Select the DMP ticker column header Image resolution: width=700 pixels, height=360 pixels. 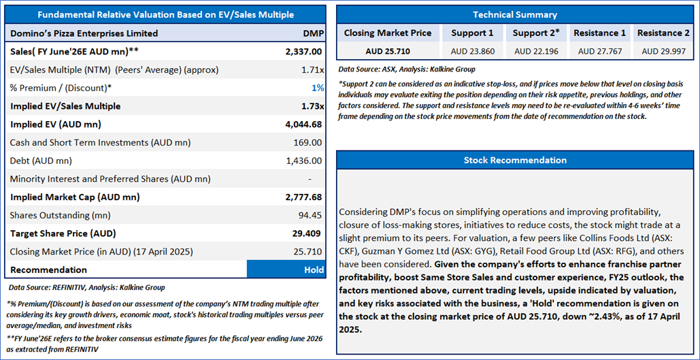click(x=313, y=33)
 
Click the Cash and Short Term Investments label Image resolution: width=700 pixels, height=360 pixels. click(x=100, y=143)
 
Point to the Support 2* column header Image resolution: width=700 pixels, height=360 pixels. click(x=536, y=33)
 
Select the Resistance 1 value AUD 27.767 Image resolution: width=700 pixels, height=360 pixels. click(x=599, y=51)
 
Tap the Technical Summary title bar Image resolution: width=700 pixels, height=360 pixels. click(x=515, y=14)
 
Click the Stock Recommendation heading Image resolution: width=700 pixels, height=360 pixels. click(x=515, y=160)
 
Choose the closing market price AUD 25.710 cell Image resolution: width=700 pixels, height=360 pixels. click(x=388, y=51)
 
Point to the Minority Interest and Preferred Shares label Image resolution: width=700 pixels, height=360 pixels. click(x=110, y=179)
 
